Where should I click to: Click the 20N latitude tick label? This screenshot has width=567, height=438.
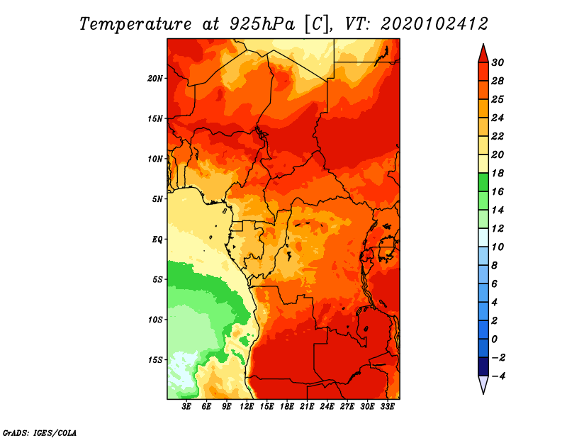click(155, 79)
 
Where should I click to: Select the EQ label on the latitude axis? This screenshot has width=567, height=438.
click(157, 240)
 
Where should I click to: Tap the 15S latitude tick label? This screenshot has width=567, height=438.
click(155, 360)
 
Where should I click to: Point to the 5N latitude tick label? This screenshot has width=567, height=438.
click(157, 199)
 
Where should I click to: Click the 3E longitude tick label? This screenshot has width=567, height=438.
click(186, 407)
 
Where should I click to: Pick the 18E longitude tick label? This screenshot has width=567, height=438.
click(287, 407)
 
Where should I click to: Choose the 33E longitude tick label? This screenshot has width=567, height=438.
click(387, 407)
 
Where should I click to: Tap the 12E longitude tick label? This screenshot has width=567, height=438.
click(247, 407)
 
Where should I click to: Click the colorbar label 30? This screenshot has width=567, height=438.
click(498, 62)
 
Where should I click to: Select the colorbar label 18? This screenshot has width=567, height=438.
click(498, 173)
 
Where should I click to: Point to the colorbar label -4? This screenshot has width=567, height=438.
click(498, 376)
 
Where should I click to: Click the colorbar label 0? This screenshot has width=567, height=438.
click(495, 339)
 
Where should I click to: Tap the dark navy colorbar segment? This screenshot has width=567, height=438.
click(483, 366)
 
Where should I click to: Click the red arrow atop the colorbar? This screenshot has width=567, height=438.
click(483, 54)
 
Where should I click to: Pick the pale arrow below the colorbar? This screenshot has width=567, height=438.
click(483, 385)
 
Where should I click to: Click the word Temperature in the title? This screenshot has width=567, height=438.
click(135, 24)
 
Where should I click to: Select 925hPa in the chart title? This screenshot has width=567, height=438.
click(262, 24)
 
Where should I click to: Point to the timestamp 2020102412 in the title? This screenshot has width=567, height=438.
click(434, 24)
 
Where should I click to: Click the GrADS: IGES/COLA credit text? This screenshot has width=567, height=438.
click(40, 433)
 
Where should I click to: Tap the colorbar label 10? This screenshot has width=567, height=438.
click(498, 247)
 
